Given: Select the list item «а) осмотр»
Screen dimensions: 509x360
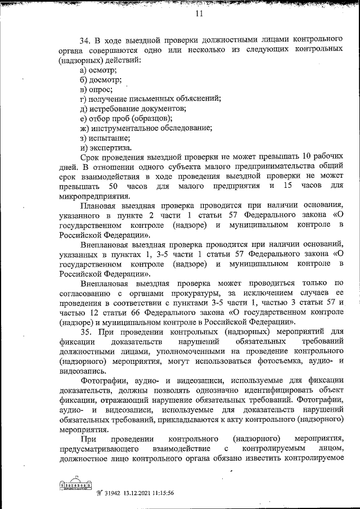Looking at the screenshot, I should pos(98,70).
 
